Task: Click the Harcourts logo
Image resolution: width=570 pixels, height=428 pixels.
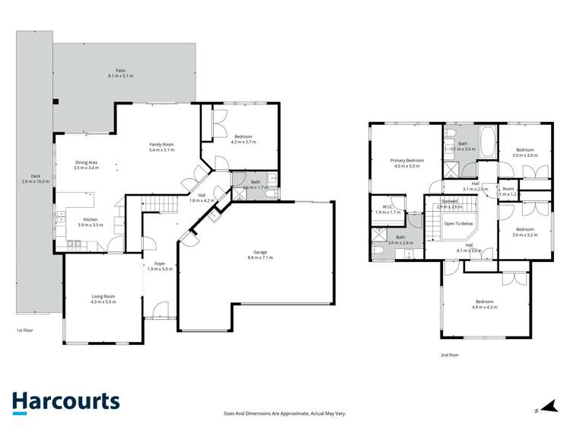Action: coord(65,402)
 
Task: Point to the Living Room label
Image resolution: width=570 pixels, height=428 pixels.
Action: coord(103,299)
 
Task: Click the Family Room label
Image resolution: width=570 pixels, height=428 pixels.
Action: coord(161,147)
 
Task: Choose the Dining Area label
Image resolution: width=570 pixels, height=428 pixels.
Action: coord(86,164)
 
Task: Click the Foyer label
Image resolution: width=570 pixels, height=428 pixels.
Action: coord(160,266)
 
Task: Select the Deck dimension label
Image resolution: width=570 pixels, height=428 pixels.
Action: coord(36,180)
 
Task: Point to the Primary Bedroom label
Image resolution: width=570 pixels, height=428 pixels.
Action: coord(406,163)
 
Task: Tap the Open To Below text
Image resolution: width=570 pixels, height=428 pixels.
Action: coord(460,224)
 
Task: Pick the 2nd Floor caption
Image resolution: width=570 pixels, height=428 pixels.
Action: coord(450,355)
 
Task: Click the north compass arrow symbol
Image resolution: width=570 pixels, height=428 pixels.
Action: coord(542,409)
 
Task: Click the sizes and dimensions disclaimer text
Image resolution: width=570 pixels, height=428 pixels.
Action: coord(285,413)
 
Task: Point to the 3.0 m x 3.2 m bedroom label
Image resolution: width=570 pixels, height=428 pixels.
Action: coord(524,232)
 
